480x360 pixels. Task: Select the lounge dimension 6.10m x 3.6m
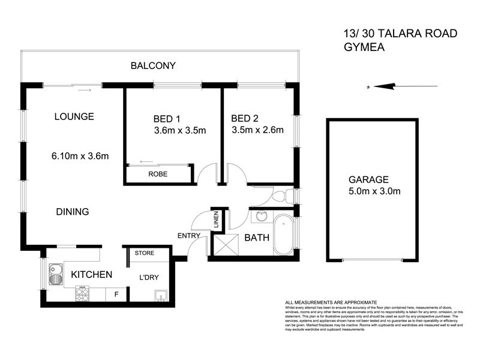pos(80,157)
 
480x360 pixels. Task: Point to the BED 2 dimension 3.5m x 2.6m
pos(257,129)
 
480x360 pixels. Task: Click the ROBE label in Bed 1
pos(158,174)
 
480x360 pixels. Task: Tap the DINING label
pos(73,211)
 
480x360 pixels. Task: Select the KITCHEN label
pos(92,275)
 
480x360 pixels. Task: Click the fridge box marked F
pos(116,294)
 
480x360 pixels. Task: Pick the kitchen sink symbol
pos(55,274)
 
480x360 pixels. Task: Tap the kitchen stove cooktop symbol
pos(82,294)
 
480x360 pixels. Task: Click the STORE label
pos(145,253)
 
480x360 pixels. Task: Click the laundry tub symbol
pos(160,295)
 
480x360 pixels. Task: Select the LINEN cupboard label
pos(217,220)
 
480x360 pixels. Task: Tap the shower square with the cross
pos(226,245)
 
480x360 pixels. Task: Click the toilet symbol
pos(282,196)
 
